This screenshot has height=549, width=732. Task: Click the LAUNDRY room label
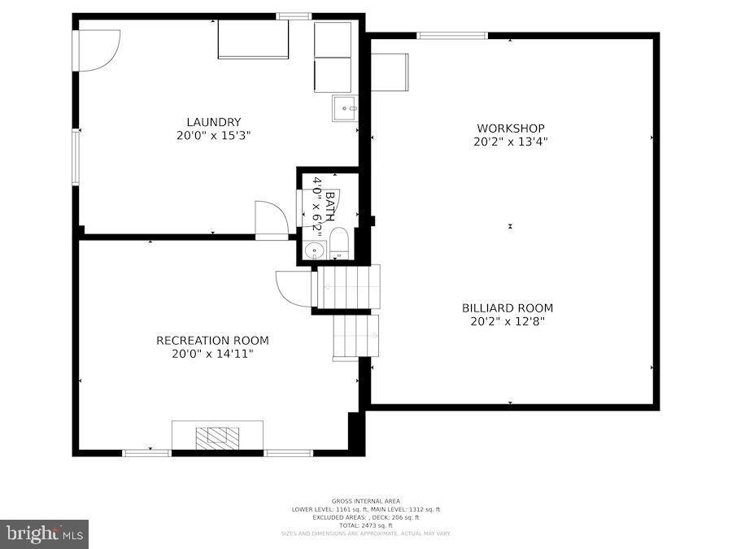pos(213,122)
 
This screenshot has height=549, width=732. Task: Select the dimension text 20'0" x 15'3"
pos(213,136)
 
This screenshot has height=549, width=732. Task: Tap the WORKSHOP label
pos(510,128)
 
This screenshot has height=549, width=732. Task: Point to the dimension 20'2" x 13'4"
pos(510,142)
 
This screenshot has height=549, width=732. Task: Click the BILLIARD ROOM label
pos(508,308)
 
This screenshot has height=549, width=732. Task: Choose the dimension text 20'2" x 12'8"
pos(508,321)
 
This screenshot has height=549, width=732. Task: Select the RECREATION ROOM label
pos(212,340)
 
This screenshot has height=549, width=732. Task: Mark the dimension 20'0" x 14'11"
pos(212,354)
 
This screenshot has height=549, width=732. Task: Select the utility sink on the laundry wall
pos(345,108)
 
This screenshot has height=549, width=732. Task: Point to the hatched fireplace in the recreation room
pos(217,438)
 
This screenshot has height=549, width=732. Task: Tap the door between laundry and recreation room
pos(271,219)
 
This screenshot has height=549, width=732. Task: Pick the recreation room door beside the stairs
pos(294,288)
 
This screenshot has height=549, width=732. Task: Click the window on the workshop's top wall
pos(451,35)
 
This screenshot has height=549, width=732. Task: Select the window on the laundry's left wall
pos(76,156)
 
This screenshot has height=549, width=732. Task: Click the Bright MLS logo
pos(45,534)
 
